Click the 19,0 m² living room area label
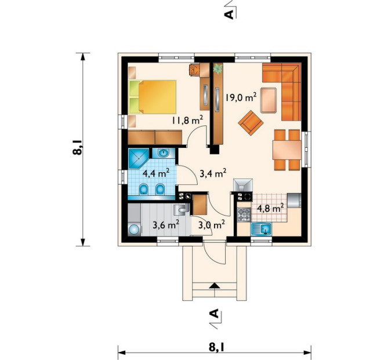point(241,97)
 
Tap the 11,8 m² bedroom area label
point(187,120)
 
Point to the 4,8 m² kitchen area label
point(270,208)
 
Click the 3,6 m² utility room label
point(166,224)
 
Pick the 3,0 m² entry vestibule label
point(212,224)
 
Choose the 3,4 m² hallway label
point(213,173)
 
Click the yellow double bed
point(153,97)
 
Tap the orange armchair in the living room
point(251,123)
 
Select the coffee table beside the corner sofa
point(269,100)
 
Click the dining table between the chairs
point(287,150)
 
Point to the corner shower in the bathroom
point(138,158)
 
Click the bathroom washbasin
point(164,153)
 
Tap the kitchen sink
point(261,230)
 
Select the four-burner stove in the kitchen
point(244,214)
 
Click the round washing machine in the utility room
point(134,230)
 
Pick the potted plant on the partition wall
point(218,68)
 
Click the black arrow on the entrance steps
point(215,285)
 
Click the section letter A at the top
point(229,14)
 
